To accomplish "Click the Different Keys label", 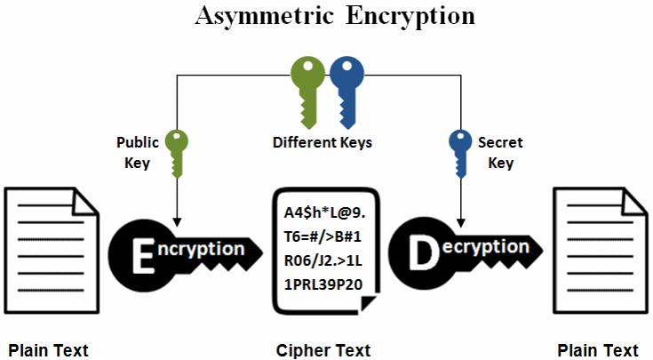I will click(323, 142).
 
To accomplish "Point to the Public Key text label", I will click(138, 152).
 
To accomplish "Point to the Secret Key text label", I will click(500, 152).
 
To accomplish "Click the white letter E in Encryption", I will click(143, 252).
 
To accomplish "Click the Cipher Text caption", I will click(323, 348).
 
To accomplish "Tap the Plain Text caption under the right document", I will click(598, 348).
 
